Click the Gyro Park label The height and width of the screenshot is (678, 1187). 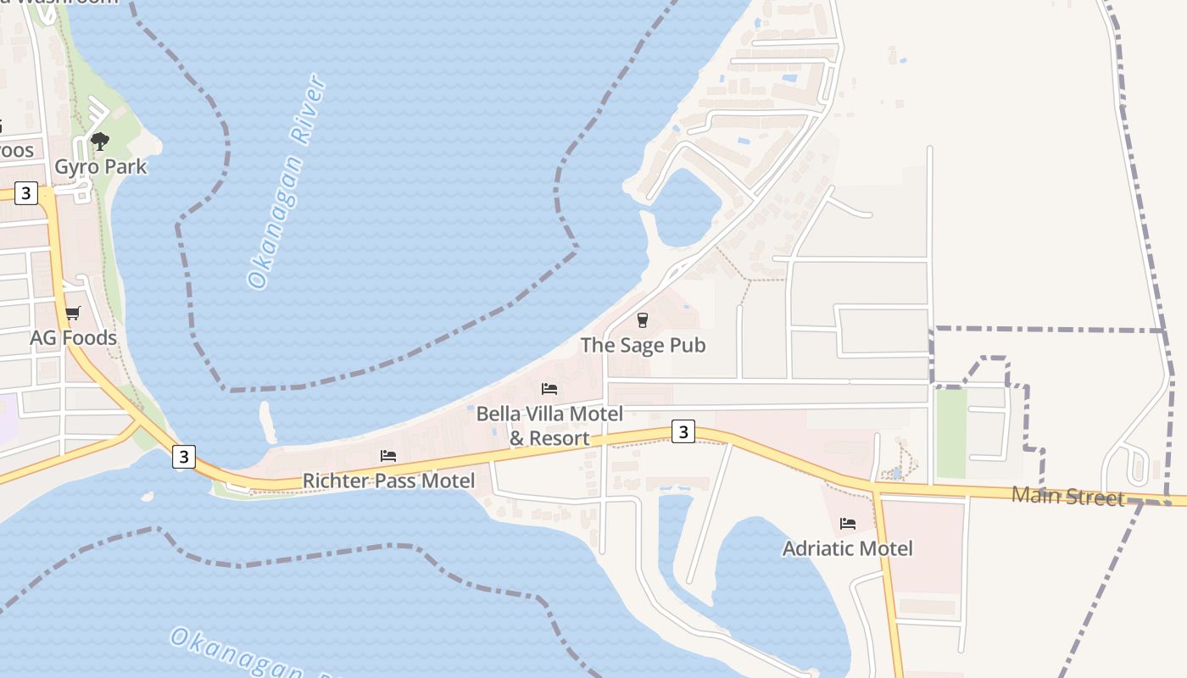point(100,166)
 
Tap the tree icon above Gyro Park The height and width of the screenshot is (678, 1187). point(100,142)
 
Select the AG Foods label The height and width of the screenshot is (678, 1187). point(73,337)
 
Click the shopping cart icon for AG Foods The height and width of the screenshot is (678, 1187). point(73,313)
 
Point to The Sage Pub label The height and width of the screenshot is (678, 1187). point(643,345)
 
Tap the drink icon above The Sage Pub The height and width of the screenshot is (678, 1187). point(643,320)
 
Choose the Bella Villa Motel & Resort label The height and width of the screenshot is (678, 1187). point(549,425)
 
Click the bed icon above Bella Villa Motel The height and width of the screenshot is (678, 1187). point(549,389)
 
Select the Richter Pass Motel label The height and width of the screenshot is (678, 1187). point(388,481)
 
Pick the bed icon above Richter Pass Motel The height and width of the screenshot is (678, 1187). point(388,456)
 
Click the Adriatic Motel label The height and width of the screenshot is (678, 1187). point(848,548)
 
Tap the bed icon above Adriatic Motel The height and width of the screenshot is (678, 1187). point(848,524)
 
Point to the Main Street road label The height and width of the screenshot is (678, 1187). point(1067,497)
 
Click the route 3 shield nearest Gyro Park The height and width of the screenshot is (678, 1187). point(26,193)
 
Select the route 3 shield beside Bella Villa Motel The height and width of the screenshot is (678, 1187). point(683,432)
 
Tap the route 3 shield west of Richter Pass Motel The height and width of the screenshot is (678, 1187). point(183,457)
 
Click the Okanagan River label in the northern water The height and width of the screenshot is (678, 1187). point(287,182)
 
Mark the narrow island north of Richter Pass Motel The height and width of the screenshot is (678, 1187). point(268,422)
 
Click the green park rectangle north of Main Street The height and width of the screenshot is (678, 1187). point(951,432)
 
